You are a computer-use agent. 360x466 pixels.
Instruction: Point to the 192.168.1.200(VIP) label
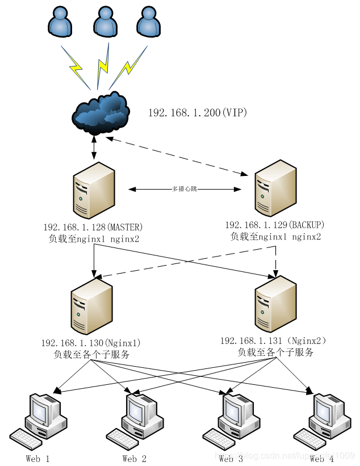tap(198, 113)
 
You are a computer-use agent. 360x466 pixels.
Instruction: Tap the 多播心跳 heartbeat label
tap(185, 188)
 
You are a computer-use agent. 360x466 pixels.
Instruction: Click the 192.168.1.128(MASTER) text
tap(93, 228)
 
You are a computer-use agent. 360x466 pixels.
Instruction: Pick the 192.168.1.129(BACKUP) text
tap(275, 225)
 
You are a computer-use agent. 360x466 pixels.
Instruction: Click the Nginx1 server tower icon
tap(91, 307)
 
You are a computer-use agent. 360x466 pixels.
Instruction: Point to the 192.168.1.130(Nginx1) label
tap(91, 343)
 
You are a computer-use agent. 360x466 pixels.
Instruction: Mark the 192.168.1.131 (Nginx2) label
tap(274, 341)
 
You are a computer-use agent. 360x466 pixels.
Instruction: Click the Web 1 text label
tap(38, 459)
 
